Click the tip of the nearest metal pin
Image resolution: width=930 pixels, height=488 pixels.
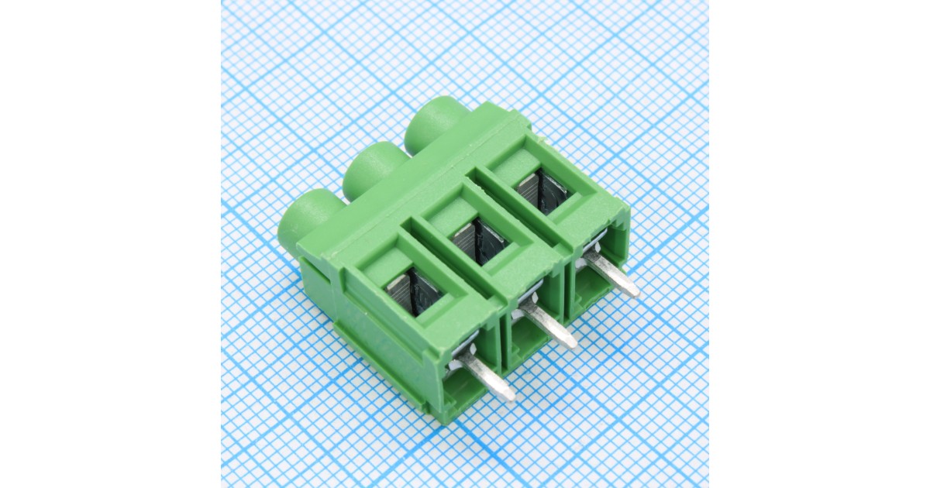pyautogui.click(x=508, y=396)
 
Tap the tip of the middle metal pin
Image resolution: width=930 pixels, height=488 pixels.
pyautogui.click(x=570, y=342)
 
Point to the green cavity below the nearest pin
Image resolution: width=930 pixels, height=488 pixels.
pyautogui.click(x=465, y=387)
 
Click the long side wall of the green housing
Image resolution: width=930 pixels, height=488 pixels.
pyautogui.click(x=372, y=341)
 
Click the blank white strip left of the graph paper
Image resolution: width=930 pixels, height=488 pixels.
pyautogui.click(x=108, y=244)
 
